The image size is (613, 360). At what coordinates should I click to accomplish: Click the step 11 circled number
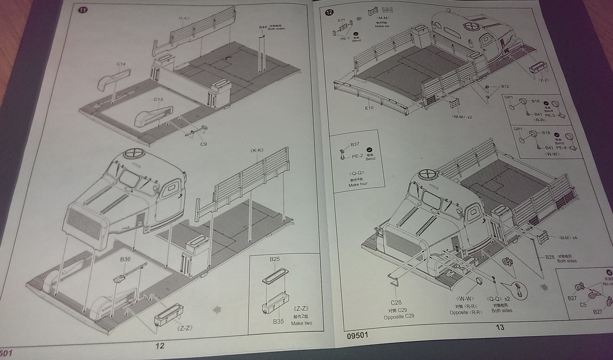(82, 10)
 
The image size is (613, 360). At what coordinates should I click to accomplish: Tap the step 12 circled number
(329, 12)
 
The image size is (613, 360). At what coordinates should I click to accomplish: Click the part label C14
(121, 64)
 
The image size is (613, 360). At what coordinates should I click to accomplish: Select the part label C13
(158, 100)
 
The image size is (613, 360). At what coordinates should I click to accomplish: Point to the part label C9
(203, 144)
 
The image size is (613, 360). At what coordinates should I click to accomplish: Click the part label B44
(263, 27)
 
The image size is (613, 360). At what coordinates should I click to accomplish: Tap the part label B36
(125, 259)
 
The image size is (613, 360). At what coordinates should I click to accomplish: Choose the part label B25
(274, 259)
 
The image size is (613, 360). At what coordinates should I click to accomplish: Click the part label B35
(279, 321)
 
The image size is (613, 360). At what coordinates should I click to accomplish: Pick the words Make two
(302, 323)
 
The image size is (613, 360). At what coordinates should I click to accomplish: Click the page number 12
(160, 346)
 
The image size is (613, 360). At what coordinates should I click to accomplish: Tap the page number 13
(500, 327)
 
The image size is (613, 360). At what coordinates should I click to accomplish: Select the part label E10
(369, 108)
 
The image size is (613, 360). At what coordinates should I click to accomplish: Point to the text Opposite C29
(399, 317)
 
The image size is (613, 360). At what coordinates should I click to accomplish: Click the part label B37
(355, 145)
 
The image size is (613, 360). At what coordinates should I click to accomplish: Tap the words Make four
(358, 184)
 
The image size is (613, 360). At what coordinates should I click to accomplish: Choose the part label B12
(505, 87)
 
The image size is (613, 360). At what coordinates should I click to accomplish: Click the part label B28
(550, 257)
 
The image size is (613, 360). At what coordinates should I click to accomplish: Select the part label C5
(583, 305)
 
